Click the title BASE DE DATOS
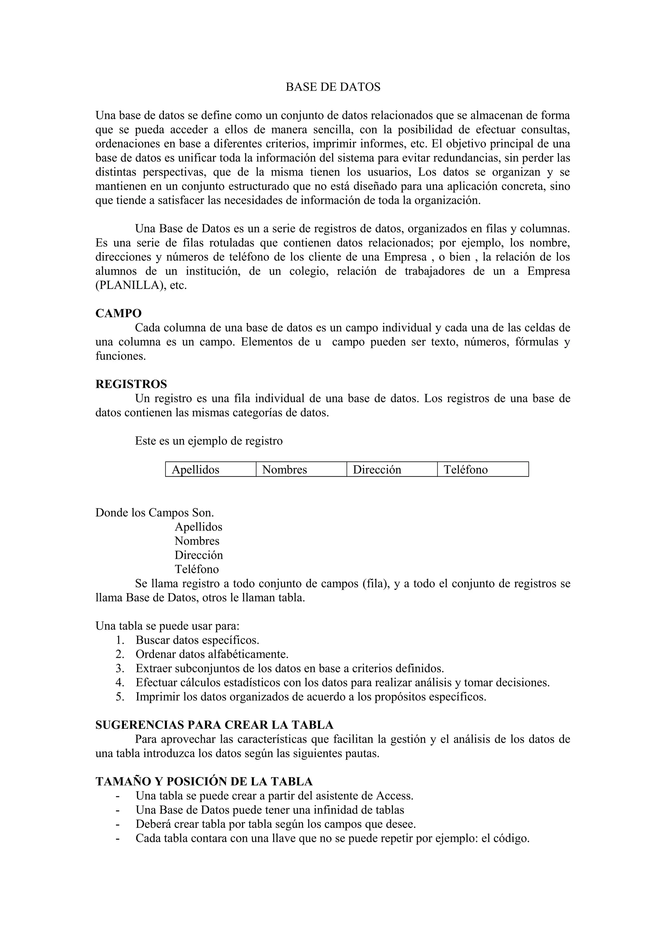click(x=333, y=87)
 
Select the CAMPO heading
click(x=119, y=313)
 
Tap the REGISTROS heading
click(x=131, y=384)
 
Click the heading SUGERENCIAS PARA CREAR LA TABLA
click(x=214, y=725)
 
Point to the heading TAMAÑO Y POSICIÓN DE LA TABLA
click(x=204, y=781)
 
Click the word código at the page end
click(x=511, y=839)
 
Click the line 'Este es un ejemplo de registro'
click(x=209, y=441)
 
